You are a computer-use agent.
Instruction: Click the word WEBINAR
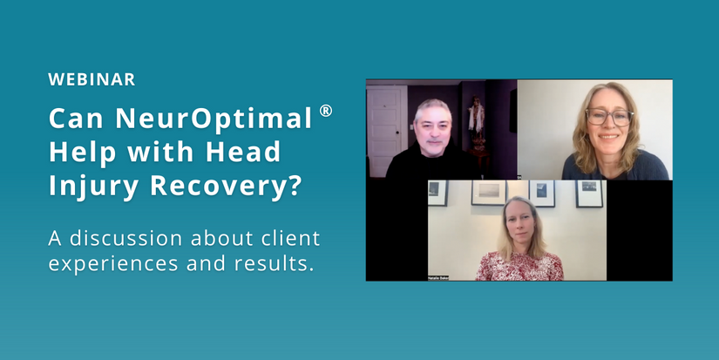(x=92, y=79)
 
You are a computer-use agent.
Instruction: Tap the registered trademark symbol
(x=326, y=112)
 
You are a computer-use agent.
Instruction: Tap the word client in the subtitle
(x=287, y=237)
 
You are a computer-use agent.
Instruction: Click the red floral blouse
(x=518, y=267)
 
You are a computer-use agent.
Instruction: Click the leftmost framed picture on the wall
(x=438, y=193)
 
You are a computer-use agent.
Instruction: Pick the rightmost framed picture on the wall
(x=589, y=193)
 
